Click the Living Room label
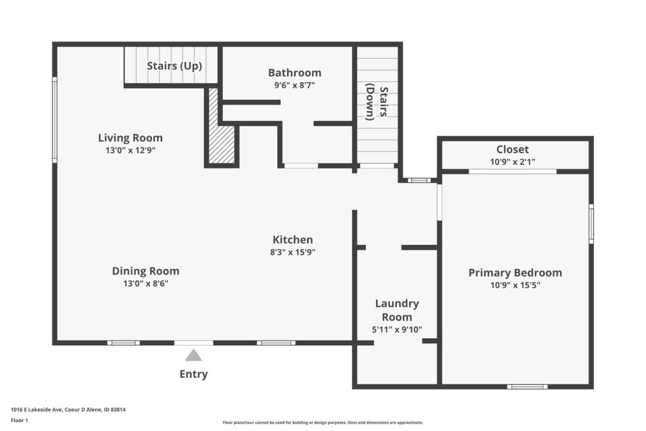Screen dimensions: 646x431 130,138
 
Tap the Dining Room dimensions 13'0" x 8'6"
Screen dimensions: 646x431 146,283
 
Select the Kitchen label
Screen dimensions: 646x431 293,239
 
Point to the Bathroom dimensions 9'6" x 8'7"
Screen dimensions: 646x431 295,85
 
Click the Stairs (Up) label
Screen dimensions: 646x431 174,66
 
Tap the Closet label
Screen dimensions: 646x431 512,149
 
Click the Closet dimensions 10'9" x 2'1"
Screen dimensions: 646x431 512,162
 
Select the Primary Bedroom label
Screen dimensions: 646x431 515,273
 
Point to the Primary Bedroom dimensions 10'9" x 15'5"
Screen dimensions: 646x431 515,285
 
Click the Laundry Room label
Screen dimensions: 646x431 397,310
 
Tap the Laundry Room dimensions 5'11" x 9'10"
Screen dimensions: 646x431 397,329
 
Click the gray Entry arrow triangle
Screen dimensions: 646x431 194,355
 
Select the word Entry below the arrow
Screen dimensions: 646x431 194,374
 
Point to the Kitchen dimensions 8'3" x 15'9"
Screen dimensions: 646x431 293,252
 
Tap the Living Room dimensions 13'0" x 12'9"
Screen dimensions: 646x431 130,150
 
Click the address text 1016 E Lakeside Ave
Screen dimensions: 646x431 37,410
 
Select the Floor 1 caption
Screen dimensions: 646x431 20,420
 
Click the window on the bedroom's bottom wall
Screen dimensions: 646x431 527,386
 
